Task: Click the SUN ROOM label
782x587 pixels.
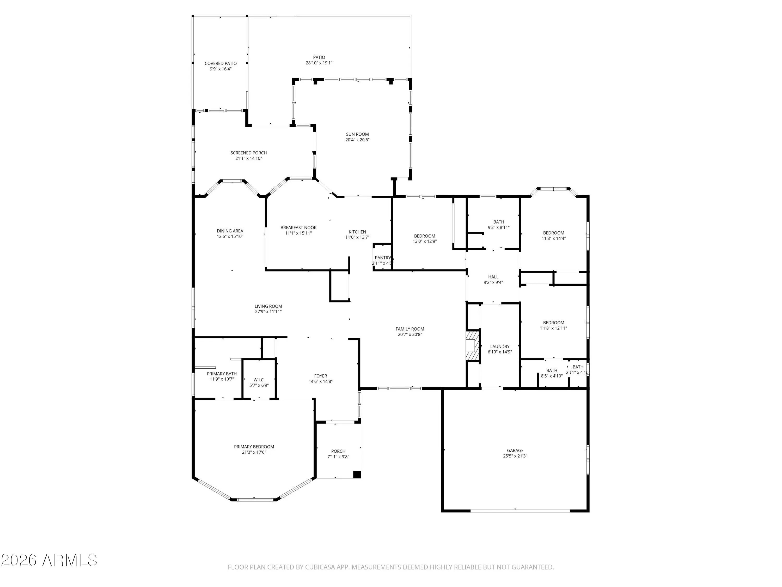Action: (357, 134)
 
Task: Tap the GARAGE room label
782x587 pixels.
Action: (515, 450)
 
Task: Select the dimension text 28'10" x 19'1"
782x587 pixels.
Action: (319, 63)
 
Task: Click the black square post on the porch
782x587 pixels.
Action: (357, 475)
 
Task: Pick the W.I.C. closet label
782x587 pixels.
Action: (259, 380)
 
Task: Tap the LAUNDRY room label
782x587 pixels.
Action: (499, 346)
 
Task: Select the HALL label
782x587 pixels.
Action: (493, 277)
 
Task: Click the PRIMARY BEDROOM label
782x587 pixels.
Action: (254, 447)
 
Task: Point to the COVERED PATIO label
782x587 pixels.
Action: (221, 64)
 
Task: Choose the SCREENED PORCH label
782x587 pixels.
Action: (248, 153)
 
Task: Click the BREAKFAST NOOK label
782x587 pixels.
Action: (298, 227)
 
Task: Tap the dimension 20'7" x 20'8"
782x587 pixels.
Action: (410, 334)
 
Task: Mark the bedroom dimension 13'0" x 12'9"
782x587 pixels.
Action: (425, 242)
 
